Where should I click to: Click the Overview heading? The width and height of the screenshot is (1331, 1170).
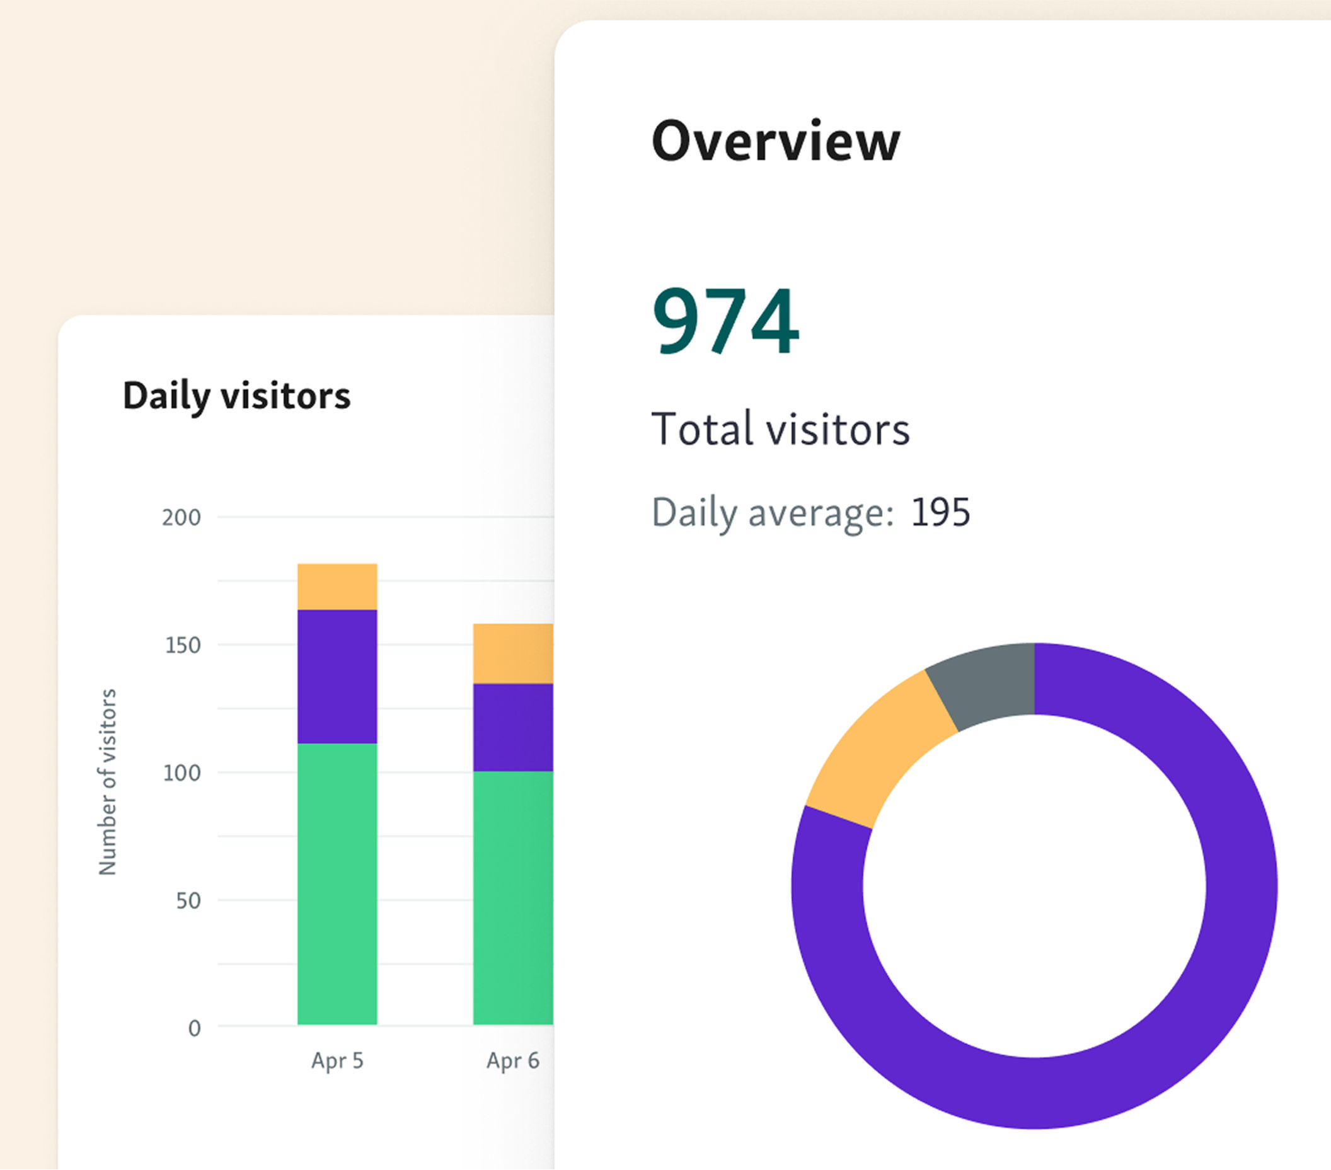(x=776, y=141)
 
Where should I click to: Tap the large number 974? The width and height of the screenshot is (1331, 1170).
(x=725, y=321)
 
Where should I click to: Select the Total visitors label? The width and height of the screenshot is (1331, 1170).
(x=780, y=430)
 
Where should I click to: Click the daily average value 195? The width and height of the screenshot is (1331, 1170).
(x=940, y=512)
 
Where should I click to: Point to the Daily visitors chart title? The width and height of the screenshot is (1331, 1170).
(x=236, y=396)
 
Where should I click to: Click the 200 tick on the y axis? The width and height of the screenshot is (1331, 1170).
(x=181, y=518)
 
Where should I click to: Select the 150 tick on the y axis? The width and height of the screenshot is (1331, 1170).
(x=182, y=645)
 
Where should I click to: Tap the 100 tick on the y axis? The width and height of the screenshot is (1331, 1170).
(x=181, y=773)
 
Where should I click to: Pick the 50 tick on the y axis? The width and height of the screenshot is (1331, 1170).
(x=188, y=900)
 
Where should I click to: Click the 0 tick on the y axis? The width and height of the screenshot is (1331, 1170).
(x=194, y=1028)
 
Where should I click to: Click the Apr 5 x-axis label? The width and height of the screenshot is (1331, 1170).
(x=337, y=1060)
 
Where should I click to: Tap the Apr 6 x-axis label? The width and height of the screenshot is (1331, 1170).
(x=512, y=1060)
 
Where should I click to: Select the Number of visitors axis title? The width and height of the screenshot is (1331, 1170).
(x=107, y=781)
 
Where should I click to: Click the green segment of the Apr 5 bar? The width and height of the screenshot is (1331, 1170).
(x=337, y=883)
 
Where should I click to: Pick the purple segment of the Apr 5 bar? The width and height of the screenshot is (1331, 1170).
(x=337, y=677)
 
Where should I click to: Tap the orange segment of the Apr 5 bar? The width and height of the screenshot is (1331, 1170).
(x=337, y=587)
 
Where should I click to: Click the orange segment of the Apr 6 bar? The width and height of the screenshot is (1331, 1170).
(x=512, y=653)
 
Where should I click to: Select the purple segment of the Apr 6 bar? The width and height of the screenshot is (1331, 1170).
(x=512, y=727)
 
